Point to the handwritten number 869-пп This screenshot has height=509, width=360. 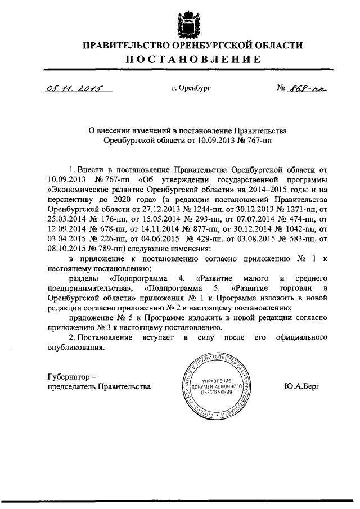click(x=308, y=88)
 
